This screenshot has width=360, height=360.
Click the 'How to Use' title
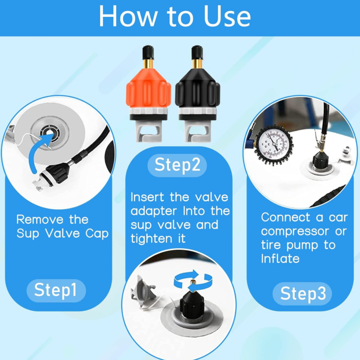175,16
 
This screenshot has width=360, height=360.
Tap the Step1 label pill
56,291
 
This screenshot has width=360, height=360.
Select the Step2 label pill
177,165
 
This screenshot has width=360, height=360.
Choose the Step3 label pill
302,294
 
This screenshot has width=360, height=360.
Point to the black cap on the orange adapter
148,53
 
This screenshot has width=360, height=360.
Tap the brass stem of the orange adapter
148,64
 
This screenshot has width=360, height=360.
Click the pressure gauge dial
274,144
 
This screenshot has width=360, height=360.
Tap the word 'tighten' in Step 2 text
151,239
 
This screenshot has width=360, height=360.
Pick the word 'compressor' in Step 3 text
295,232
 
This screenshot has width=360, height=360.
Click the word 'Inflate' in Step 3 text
280,259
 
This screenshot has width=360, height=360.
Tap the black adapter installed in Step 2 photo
192,304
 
